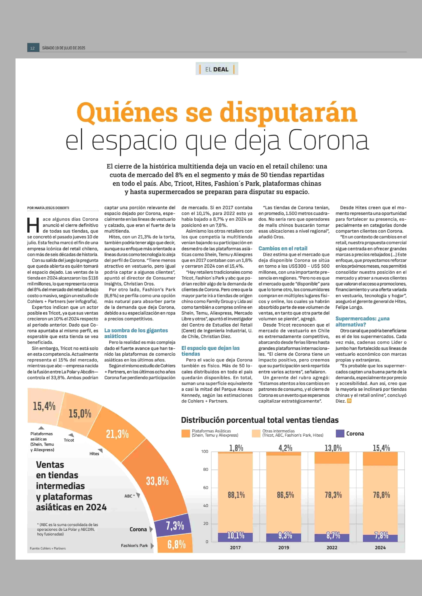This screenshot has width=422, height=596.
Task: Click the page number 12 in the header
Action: pyautogui.click(x=32, y=48)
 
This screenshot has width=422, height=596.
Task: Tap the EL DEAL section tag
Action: pyautogui.click(x=217, y=69)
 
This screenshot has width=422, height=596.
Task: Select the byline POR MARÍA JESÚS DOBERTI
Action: pyautogui.click(x=48, y=208)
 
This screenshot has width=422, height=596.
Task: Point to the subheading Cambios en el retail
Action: pyautogui.click(x=283, y=248)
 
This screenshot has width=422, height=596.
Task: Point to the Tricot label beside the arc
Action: pyautogui.click(x=69, y=440)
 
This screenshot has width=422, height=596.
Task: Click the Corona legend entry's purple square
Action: pyautogui.click(x=340, y=433)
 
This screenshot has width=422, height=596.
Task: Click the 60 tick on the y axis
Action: pyautogui.click(x=206, y=487)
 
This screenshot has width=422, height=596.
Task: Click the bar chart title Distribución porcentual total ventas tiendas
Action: pyautogui.click(x=260, y=420)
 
